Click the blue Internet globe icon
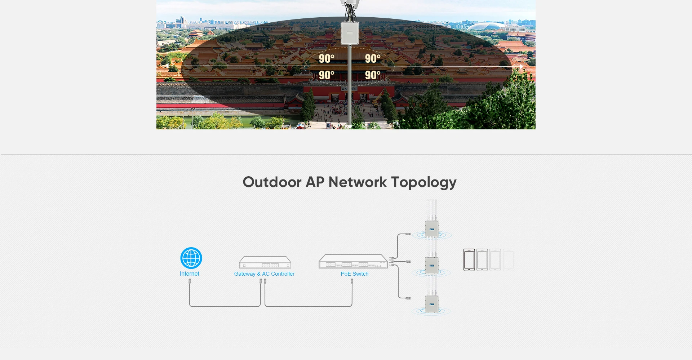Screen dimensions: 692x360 coord(191,258)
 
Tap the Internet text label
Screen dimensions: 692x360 coord(190,274)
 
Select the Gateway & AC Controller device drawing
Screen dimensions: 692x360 coord(265,262)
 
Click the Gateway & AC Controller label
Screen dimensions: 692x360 coord(264,274)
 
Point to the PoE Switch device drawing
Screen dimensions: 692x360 coord(353,262)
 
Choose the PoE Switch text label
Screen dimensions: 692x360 coord(355,274)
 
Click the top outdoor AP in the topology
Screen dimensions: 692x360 coord(431,228)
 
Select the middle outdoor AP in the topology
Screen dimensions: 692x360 coord(431,266)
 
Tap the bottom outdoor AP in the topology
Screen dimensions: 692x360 coord(431,304)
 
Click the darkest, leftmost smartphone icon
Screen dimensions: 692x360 coord(469,259)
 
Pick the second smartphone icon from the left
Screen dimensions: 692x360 coord(482,259)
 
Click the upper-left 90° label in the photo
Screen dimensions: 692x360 coord(327,58)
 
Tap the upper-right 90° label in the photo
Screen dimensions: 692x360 coord(373,58)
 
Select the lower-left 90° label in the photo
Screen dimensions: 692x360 coord(327,75)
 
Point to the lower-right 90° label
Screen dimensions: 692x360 coord(373,75)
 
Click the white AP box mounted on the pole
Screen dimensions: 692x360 coord(350,33)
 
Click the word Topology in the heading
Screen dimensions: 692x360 coord(424,182)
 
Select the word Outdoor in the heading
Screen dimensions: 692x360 coord(272,182)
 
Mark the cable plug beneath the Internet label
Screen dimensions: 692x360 coord(190,281)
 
